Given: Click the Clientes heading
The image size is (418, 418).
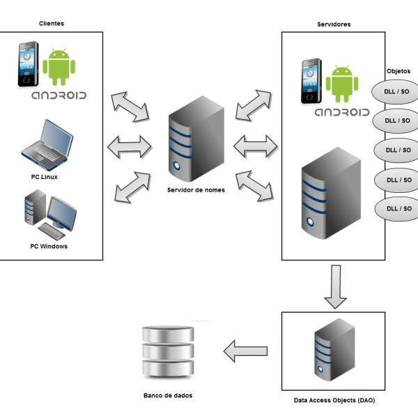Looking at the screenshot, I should click(x=52, y=24).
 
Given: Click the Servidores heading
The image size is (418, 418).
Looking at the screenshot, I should click(x=333, y=24).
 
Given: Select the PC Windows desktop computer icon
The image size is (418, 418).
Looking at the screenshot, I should click(x=49, y=215).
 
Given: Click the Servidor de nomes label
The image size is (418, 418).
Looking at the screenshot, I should click(x=196, y=189).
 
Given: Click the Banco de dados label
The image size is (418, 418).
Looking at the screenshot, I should click(x=168, y=395).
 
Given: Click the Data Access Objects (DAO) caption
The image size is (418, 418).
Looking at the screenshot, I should click(x=334, y=401).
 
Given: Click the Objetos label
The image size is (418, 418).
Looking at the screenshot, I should click(x=398, y=71).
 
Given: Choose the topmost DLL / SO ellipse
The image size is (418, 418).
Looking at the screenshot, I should click(x=398, y=91).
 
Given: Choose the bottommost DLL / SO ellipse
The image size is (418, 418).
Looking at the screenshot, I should click(x=398, y=208).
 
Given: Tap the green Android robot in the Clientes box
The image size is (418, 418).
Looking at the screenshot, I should click(x=60, y=66).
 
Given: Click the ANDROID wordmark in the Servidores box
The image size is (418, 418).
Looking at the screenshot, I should click(x=341, y=112).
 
